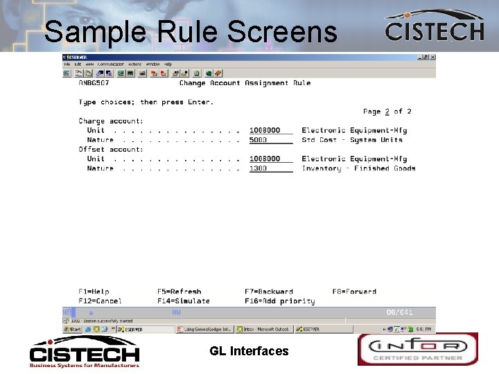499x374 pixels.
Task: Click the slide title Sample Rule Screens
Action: [x=191, y=32]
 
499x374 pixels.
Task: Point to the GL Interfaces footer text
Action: [x=249, y=351]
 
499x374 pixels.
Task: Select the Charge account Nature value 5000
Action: [x=259, y=140]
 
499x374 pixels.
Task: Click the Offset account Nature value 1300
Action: [x=259, y=168]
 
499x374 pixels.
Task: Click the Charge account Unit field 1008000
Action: [x=265, y=130]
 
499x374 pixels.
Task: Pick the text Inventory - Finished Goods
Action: [x=358, y=168]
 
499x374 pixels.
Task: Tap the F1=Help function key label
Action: [x=94, y=292]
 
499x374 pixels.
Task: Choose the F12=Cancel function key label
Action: [x=100, y=301]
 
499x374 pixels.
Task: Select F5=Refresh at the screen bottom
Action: [x=179, y=292]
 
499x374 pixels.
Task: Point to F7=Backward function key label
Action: [x=269, y=292]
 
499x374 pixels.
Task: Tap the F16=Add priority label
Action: [x=279, y=301]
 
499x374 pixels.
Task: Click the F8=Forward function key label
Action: [x=354, y=292]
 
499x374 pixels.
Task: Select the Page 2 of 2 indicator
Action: [x=387, y=112]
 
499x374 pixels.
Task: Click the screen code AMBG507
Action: [x=95, y=83]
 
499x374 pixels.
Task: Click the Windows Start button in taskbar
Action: [x=74, y=330]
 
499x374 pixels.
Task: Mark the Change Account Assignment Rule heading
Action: [x=245, y=83]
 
